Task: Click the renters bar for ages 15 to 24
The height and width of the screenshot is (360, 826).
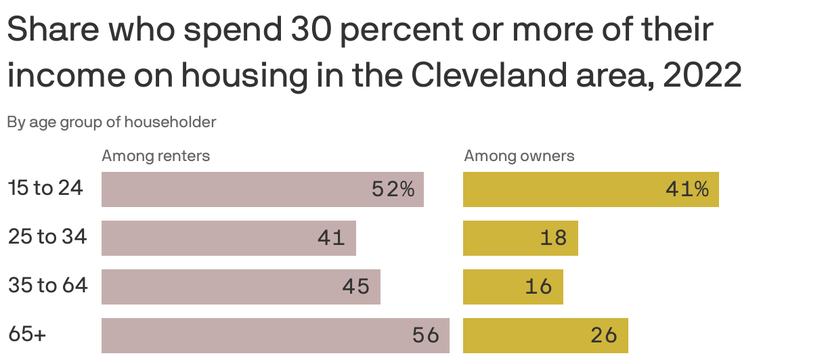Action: coord(262,189)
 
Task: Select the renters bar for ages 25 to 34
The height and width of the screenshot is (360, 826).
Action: coord(228,238)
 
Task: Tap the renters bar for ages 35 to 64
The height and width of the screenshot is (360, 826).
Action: coord(240,287)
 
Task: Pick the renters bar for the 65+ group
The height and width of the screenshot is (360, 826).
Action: coord(275,336)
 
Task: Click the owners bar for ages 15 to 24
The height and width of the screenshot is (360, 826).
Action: coord(590,189)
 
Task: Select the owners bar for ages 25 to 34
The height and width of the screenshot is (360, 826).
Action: coord(520,238)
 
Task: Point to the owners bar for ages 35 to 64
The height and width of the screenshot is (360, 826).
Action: coord(513,287)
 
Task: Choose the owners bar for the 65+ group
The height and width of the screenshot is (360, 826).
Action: coord(545,336)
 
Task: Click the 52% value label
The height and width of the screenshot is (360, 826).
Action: coord(393,189)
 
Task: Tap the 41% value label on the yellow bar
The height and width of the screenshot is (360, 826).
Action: coord(687,189)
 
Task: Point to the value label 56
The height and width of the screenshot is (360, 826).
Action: coord(426,336)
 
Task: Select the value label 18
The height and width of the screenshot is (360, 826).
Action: coord(553,238)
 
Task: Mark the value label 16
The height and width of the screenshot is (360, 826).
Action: coord(538,287)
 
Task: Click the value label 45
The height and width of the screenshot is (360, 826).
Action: coord(355,287)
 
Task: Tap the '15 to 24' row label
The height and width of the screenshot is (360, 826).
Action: coord(45,188)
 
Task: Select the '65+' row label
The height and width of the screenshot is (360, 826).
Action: coord(27,334)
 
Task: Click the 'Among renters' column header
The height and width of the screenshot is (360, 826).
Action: coord(156,156)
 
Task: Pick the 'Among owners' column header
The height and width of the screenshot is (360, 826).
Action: coord(519,156)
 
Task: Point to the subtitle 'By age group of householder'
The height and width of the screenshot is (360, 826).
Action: coord(112,122)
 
